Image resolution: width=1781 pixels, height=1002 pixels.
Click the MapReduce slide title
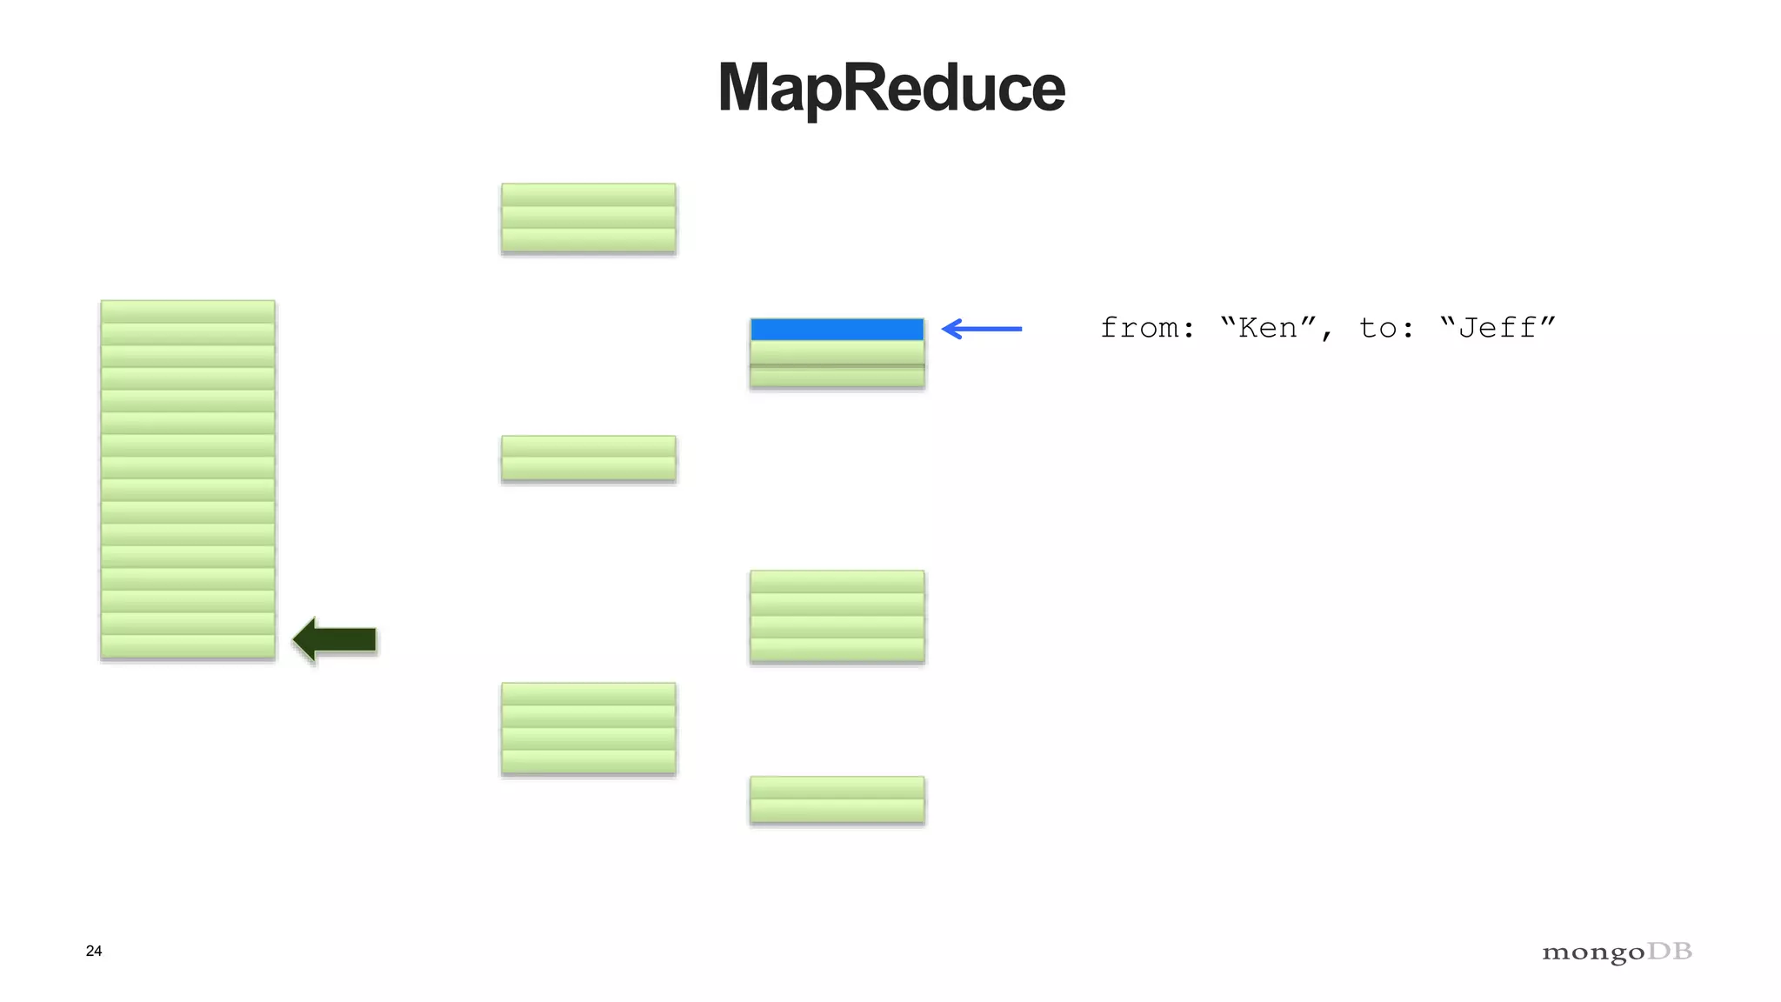[x=890, y=89]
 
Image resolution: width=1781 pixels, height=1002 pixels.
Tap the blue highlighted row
[x=837, y=330]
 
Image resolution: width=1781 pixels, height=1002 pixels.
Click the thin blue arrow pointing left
[x=982, y=329]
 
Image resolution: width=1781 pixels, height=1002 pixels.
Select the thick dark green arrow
[x=336, y=640]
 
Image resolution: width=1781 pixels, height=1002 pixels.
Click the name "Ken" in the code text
[x=1269, y=329]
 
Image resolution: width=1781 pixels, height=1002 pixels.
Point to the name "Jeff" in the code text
[x=1497, y=329]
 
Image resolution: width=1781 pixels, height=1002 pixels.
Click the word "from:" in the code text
[x=1147, y=329]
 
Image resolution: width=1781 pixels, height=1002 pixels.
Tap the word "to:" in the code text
[x=1386, y=329]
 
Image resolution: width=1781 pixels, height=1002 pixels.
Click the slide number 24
[x=94, y=951]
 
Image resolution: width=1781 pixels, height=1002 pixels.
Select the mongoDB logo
[x=1617, y=952]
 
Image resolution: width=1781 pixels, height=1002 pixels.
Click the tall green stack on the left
[x=188, y=479]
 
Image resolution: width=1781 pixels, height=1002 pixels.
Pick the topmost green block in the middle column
[x=589, y=218]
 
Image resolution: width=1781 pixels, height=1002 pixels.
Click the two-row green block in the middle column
[x=589, y=458]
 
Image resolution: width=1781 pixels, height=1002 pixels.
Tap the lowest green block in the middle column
[x=589, y=728]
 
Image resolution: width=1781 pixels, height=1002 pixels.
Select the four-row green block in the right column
[x=837, y=616]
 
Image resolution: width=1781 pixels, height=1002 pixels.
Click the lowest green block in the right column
[x=837, y=799]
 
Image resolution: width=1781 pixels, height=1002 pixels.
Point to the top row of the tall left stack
[x=188, y=311]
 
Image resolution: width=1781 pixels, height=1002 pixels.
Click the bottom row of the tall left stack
[x=188, y=646]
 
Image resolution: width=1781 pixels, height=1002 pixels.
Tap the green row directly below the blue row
[x=837, y=352]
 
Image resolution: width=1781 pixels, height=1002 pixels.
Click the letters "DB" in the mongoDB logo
[x=1670, y=951]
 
